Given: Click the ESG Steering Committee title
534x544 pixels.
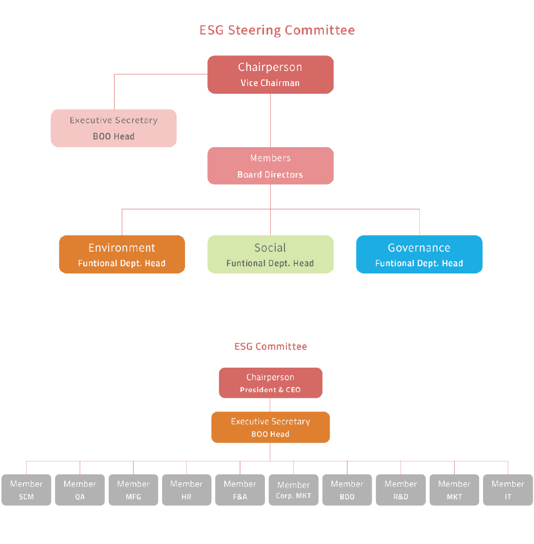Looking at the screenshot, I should coord(277,30).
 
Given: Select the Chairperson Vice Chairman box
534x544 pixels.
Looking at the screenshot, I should coord(270,74).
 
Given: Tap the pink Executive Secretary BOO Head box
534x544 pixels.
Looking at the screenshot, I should coord(114,128).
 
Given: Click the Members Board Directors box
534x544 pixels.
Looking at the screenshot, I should coord(270,166).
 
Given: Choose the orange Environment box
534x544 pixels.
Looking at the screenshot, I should coord(122,255).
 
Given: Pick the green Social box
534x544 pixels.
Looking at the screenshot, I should coord(270,255).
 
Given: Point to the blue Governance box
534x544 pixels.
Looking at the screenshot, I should coord(419,255).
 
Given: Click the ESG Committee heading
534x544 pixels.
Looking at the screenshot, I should coord(270,346).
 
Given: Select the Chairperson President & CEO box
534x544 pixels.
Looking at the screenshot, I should coord(270,383).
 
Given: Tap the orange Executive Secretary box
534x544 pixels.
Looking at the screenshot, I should coord(270,427).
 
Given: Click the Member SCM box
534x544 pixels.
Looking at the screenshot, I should coord(26,490).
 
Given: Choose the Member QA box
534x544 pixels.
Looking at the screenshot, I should coord(80,490).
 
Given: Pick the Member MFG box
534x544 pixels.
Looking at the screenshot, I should coord(133,490).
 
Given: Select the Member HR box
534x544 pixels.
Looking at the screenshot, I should coord(186,490).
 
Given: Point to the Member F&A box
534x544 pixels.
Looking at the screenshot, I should coord(240,490).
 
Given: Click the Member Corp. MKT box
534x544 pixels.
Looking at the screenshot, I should coord(293,490).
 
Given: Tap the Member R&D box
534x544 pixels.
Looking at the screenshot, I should coord(400,490).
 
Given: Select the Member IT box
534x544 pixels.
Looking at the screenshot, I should coord(508,490).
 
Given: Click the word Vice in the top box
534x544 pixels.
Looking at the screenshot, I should coord(249,83).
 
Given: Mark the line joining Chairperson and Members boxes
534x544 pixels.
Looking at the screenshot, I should coord(270,120).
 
